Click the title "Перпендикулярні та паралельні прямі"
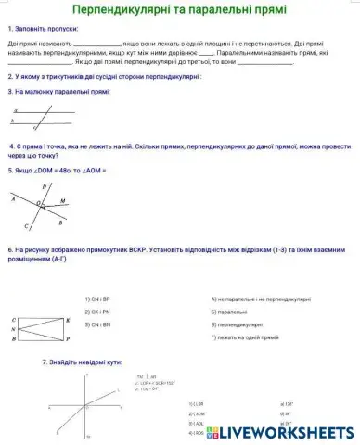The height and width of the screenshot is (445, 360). (179, 10)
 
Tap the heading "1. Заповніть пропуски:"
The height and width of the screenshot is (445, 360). (42, 31)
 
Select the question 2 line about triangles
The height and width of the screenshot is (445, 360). (103, 79)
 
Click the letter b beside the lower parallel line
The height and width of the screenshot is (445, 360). (12, 120)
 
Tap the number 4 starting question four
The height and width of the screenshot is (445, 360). (11, 146)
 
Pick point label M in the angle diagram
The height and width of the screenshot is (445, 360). (63, 199)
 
